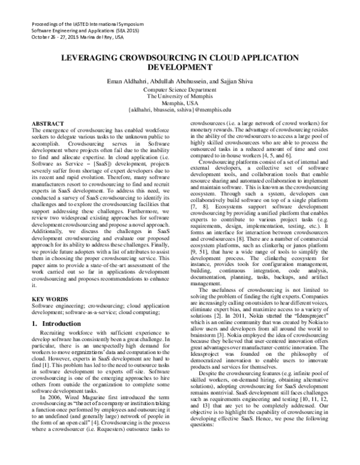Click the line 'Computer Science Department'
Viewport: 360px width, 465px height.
pyautogui.click(x=179, y=89)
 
